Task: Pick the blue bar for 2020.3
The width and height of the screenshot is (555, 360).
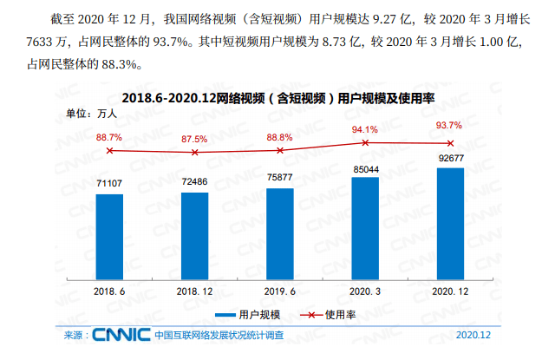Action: point(365,225)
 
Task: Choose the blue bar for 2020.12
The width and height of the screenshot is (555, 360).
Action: point(450,220)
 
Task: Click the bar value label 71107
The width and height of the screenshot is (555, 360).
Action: point(109,183)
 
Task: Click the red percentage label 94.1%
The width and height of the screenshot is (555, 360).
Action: point(365,130)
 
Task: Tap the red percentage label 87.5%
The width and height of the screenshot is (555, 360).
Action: point(194,139)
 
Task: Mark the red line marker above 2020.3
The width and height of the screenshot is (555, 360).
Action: point(365,142)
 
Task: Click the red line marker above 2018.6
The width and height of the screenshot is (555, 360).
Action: point(109,150)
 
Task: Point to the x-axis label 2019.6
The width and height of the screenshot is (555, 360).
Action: point(279,291)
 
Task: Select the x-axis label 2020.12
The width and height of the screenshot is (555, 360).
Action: point(450,291)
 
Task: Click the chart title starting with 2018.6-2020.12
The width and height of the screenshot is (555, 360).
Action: point(277,97)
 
